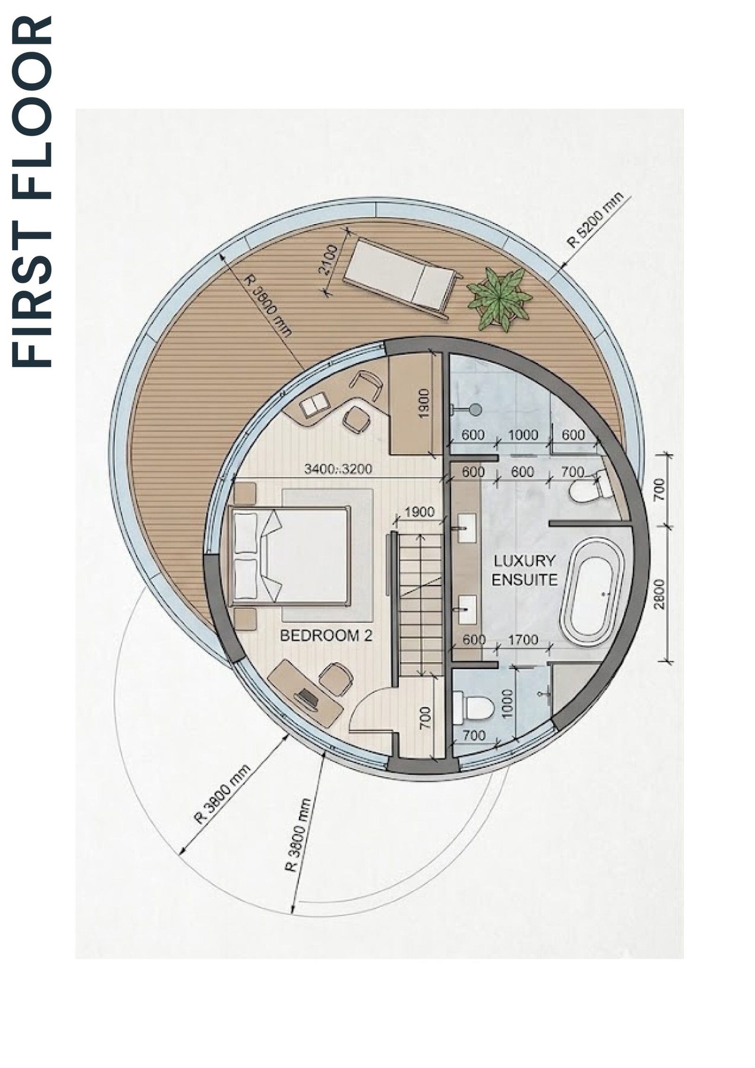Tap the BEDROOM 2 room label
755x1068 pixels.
coord(327,636)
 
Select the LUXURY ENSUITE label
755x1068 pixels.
coord(524,570)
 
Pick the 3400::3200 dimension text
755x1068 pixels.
coord(338,470)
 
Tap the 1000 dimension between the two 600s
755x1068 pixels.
coord(523,435)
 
